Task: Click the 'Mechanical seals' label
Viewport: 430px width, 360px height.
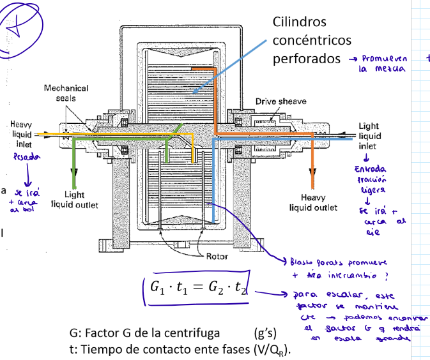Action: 66,93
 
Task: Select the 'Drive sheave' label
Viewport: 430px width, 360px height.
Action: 280,101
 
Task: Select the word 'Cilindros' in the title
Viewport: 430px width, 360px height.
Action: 300,22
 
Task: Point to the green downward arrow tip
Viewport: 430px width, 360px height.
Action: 75,181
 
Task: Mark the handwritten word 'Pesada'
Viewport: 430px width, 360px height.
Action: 24,157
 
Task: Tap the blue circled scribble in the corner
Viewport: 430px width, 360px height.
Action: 21,27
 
